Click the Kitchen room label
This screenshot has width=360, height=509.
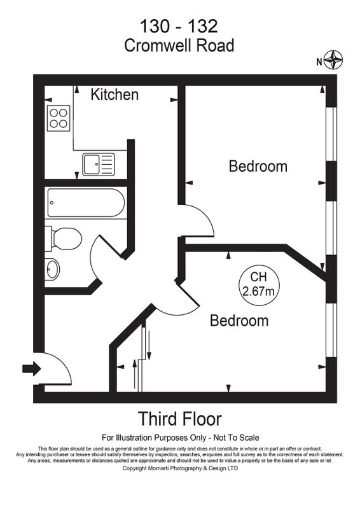point(114,94)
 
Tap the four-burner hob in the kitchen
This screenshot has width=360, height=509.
point(59,118)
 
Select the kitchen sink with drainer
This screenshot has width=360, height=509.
point(99,164)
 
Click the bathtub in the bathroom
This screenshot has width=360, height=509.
point(86,203)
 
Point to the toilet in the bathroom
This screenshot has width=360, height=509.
point(63,239)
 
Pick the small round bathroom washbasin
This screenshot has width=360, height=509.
point(52,269)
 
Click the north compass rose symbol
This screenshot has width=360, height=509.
point(333,60)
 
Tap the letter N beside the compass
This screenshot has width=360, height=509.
point(319,62)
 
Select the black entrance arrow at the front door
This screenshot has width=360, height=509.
point(32,369)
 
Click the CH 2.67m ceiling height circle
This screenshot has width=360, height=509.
point(259,284)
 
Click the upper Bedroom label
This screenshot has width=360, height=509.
point(258,166)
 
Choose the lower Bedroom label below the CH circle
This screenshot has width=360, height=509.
point(239,321)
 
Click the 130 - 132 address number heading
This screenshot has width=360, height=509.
point(179,26)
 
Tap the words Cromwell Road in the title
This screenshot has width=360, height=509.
point(179,45)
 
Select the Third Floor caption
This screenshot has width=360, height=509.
point(180,419)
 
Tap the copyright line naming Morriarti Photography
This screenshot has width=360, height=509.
point(180,468)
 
